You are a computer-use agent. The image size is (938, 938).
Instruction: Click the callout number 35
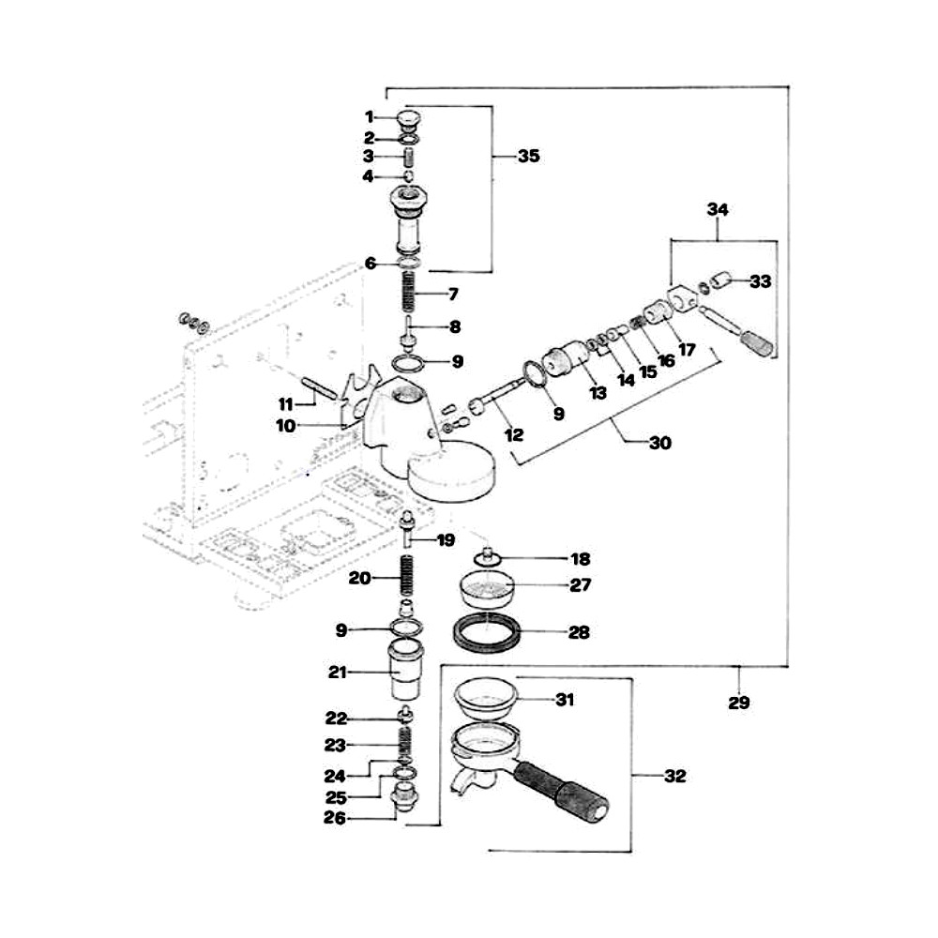(x=529, y=156)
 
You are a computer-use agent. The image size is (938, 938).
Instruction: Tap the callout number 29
(x=739, y=703)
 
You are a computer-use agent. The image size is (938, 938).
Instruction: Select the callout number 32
(x=674, y=776)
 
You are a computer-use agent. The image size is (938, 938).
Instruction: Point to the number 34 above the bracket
(x=718, y=209)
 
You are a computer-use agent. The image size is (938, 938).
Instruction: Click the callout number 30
(x=660, y=443)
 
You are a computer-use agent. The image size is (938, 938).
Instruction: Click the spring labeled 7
(x=407, y=292)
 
